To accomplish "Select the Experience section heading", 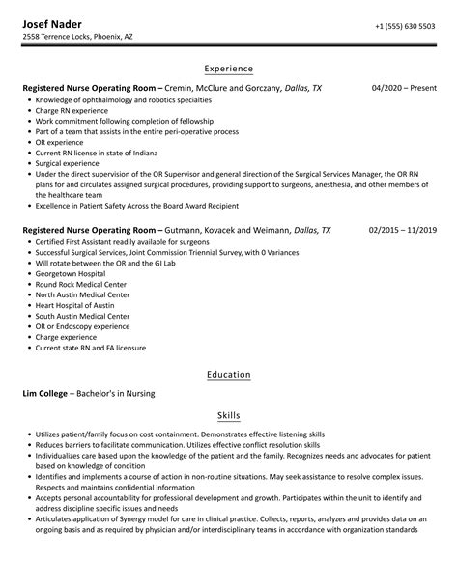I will point(229,70).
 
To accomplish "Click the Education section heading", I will point(229,374).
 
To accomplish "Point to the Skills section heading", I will point(229,415).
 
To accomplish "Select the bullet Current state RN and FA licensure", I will point(94,348).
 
